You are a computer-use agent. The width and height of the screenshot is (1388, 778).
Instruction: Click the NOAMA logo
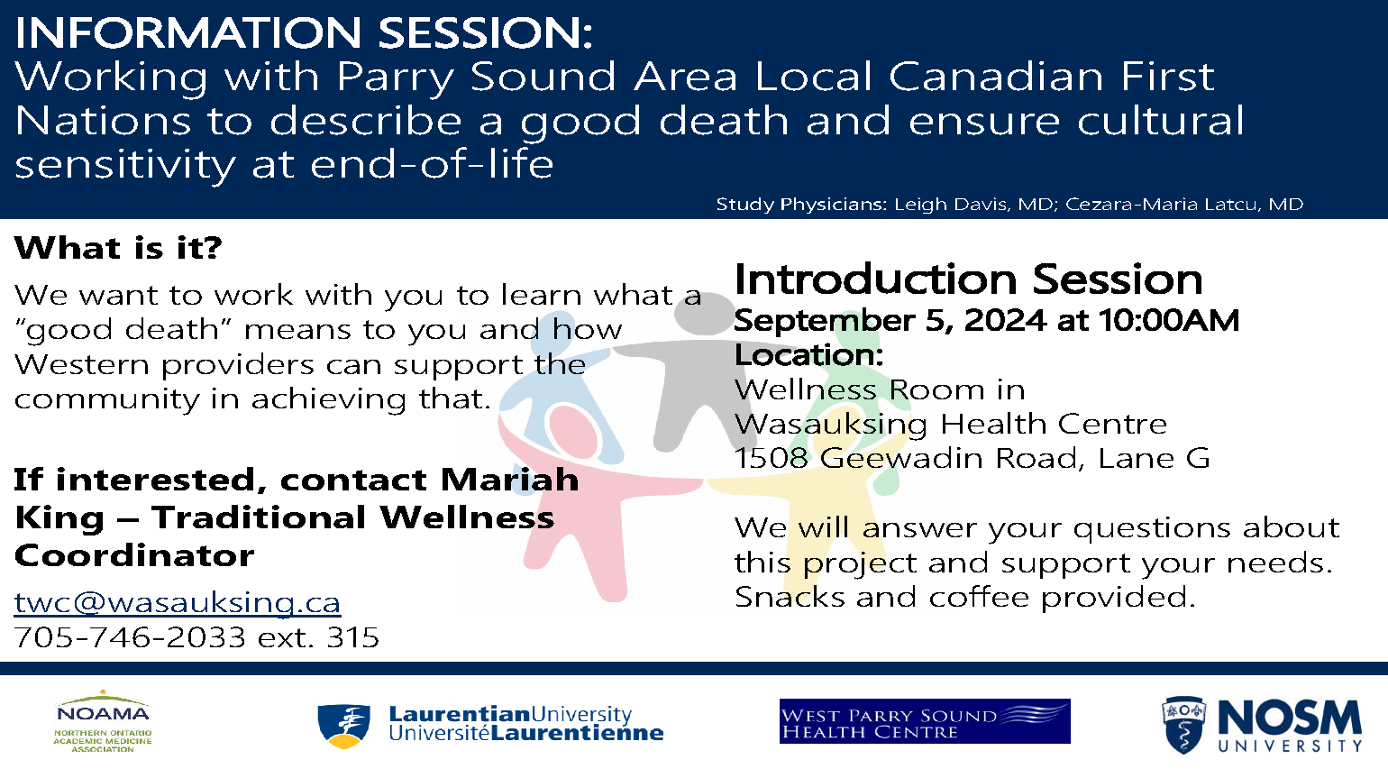[x=103, y=721]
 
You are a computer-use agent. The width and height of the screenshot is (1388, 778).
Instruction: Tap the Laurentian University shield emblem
[x=344, y=726]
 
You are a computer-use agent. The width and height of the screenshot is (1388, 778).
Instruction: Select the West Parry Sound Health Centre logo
[x=925, y=721]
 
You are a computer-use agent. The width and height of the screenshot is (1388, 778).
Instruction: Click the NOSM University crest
[x=1183, y=726]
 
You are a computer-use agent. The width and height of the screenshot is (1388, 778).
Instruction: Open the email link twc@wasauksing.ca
[x=178, y=602]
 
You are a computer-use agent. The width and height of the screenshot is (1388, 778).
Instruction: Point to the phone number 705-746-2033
[x=130, y=637]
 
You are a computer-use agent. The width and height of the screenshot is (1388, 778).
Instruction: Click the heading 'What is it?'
[x=118, y=248]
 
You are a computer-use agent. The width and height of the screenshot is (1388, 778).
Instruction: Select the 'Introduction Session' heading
[x=969, y=279]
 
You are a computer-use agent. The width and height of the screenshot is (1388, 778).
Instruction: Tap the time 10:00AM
[x=1169, y=321]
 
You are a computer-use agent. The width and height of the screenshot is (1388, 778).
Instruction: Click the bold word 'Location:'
[x=808, y=355]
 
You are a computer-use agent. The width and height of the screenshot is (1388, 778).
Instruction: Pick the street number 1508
[x=772, y=459]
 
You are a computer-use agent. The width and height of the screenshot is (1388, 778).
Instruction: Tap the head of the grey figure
[x=704, y=313]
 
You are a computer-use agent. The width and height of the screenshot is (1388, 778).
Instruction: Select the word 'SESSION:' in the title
[x=485, y=32]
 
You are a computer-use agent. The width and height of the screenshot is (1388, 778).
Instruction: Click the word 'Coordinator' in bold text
[x=133, y=555]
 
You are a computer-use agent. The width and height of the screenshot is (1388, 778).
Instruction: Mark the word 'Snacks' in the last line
[x=790, y=598]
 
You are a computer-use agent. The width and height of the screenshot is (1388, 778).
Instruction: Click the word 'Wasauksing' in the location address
[x=830, y=425]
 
